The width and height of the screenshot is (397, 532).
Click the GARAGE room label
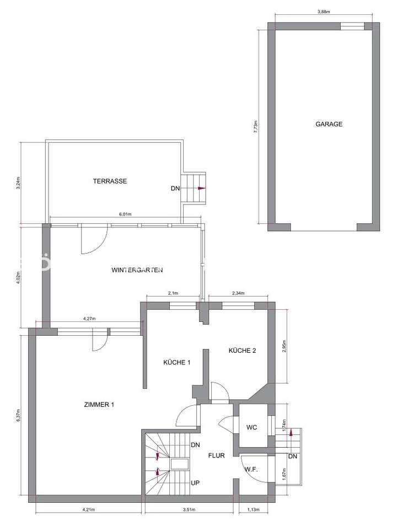tap(329, 124)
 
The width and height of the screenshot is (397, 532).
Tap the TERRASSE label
tap(110, 181)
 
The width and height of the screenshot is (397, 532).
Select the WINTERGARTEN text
tap(137, 270)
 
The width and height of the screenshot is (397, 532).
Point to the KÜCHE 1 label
tap(176, 362)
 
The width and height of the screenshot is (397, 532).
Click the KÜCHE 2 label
tap(242, 351)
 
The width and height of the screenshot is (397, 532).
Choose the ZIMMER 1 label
tap(99, 405)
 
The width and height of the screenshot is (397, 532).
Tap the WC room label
tap(252, 427)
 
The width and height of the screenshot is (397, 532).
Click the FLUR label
tap(216, 456)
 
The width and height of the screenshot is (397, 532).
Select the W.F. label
tap(252, 469)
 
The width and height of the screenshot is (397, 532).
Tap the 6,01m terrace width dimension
tap(125, 214)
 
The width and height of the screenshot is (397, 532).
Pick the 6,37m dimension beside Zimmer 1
tap(19, 416)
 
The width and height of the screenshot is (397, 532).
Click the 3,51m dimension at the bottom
tap(189, 509)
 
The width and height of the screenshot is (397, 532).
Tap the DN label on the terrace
tap(175, 189)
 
